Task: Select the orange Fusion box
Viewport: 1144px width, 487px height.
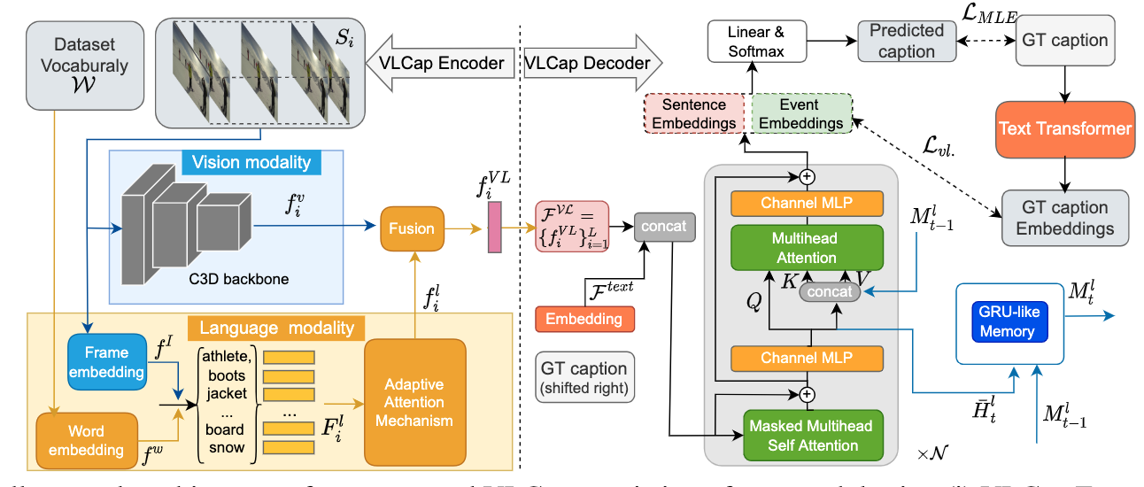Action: pos(412,228)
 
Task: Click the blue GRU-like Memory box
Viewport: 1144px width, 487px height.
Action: pos(1007,323)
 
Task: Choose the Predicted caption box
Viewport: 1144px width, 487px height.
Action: pos(907,41)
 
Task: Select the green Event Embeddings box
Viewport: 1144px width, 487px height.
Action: pos(800,114)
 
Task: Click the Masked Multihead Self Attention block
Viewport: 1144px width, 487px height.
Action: pos(800,436)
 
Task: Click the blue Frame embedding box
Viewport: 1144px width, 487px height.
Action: pos(107,362)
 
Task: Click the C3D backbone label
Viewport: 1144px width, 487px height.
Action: pos(239,279)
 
